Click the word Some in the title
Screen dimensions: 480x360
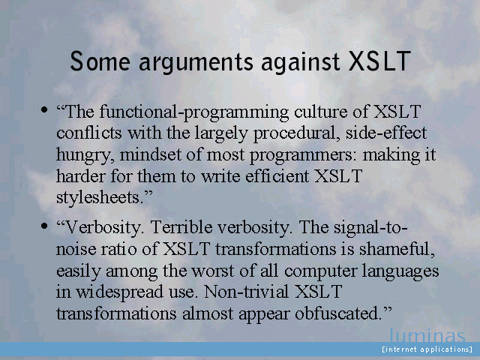pyautogui.click(x=100, y=61)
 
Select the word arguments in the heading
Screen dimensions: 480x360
pyautogui.click(x=196, y=62)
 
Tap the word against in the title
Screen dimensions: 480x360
pyautogui.click(x=300, y=62)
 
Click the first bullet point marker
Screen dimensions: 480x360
pyautogui.click(x=44, y=109)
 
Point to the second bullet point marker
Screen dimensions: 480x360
pyautogui.click(x=44, y=226)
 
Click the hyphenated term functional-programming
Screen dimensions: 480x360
pyautogui.click(x=194, y=112)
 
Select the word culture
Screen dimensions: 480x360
pyautogui.click(x=320, y=112)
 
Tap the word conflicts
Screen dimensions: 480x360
pyautogui.click(x=89, y=133)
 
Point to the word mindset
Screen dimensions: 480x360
pyautogui.click(x=151, y=154)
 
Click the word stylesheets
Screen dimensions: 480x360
pyautogui.click(x=100, y=198)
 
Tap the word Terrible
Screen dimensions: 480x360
pyautogui.click(x=181, y=227)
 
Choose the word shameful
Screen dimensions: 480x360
pyautogui.click(x=397, y=249)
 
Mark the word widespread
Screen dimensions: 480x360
pyautogui.click(x=119, y=292)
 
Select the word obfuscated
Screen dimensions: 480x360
pyautogui.click(x=339, y=313)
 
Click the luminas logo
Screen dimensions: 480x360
pyautogui.click(x=427, y=335)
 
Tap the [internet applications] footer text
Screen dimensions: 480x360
pyautogui.click(x=427, y=349)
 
